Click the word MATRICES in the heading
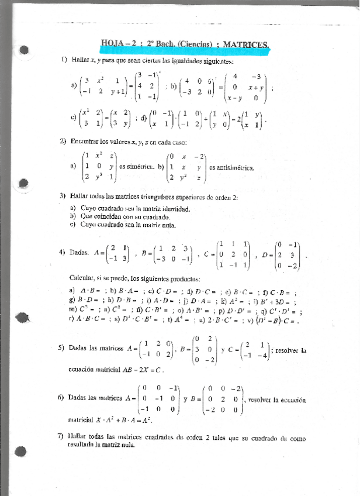point(246,44)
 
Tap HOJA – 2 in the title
point(118,43)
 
